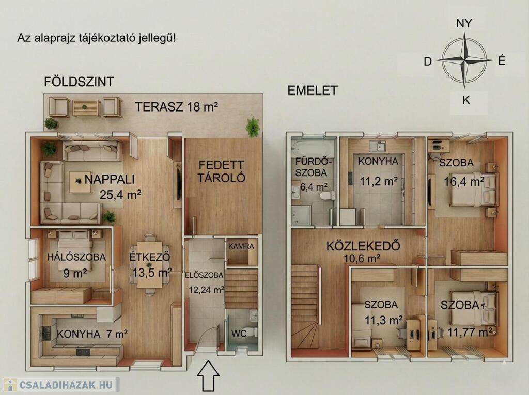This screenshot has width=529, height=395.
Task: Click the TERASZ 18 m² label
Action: click(x=177, y=106)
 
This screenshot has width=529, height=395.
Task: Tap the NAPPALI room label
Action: click(x=110, y=179)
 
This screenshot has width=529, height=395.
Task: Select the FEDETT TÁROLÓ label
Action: click(x=221, y=171)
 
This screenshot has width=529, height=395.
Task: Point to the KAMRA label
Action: click(x=241, y=246)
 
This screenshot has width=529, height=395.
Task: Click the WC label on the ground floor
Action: click(x=239, y=333)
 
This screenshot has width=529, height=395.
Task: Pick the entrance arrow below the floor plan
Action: click(x=208, y=376)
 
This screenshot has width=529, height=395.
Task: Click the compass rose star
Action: click(x=464, y=60)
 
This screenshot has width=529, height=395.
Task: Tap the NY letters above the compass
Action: click(x=464, y=23)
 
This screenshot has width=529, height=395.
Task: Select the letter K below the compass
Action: click(x=466, y=100)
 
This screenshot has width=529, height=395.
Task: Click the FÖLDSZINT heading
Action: click(x=79, y=82)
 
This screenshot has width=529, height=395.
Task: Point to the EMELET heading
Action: click(x=313, y=90)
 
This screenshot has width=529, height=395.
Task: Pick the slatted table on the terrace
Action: click(x=85, y=107)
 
